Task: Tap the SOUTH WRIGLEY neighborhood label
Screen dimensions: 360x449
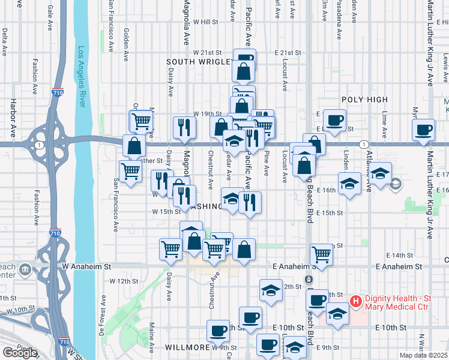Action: (200, 62)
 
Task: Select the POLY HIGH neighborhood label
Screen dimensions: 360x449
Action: (364, 100)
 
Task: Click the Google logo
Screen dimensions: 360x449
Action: (20, 352)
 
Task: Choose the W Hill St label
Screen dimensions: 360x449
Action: (205, 22)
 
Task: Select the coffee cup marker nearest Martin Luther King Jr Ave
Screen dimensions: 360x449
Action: (424, 130)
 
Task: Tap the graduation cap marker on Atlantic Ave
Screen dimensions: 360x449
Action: (380, 173)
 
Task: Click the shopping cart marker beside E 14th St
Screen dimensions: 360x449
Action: (322, 254)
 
